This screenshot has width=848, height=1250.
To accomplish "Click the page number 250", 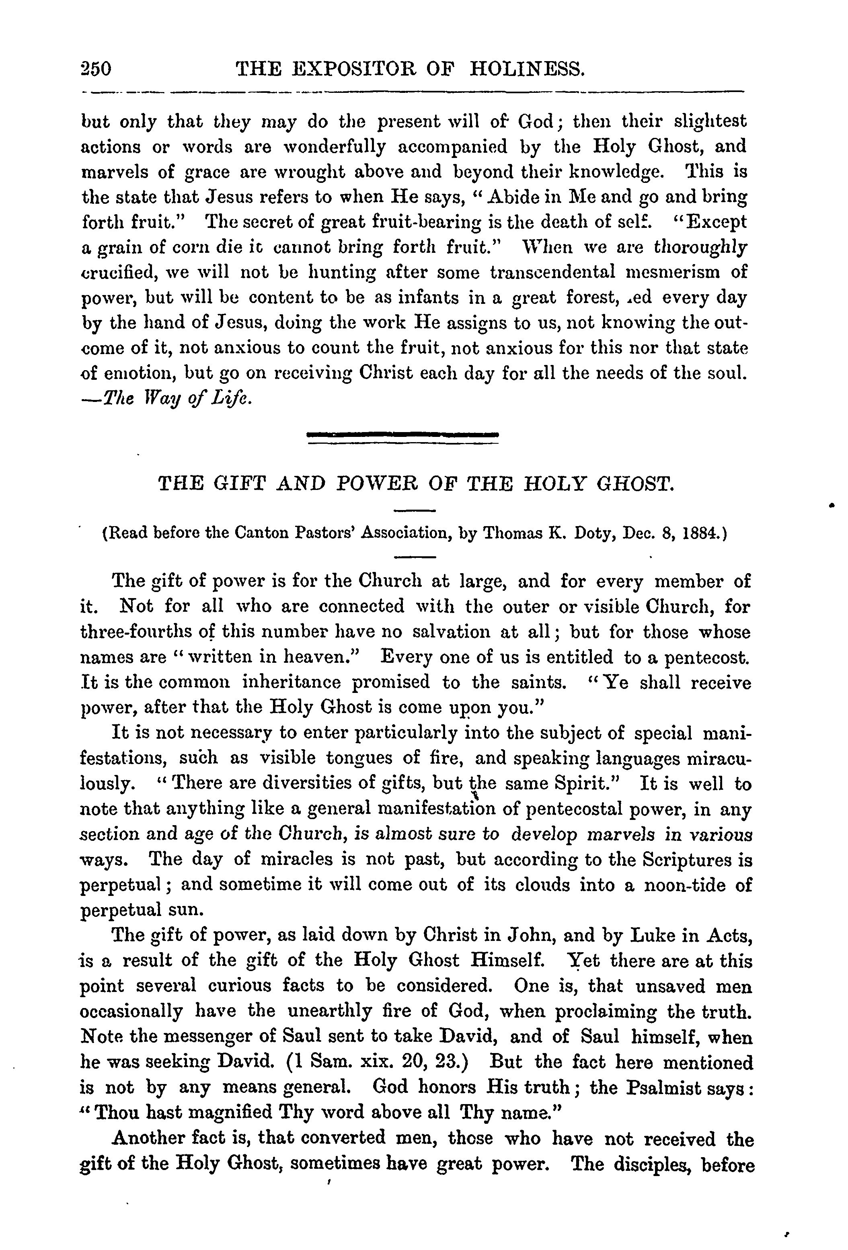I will pos(95,70).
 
